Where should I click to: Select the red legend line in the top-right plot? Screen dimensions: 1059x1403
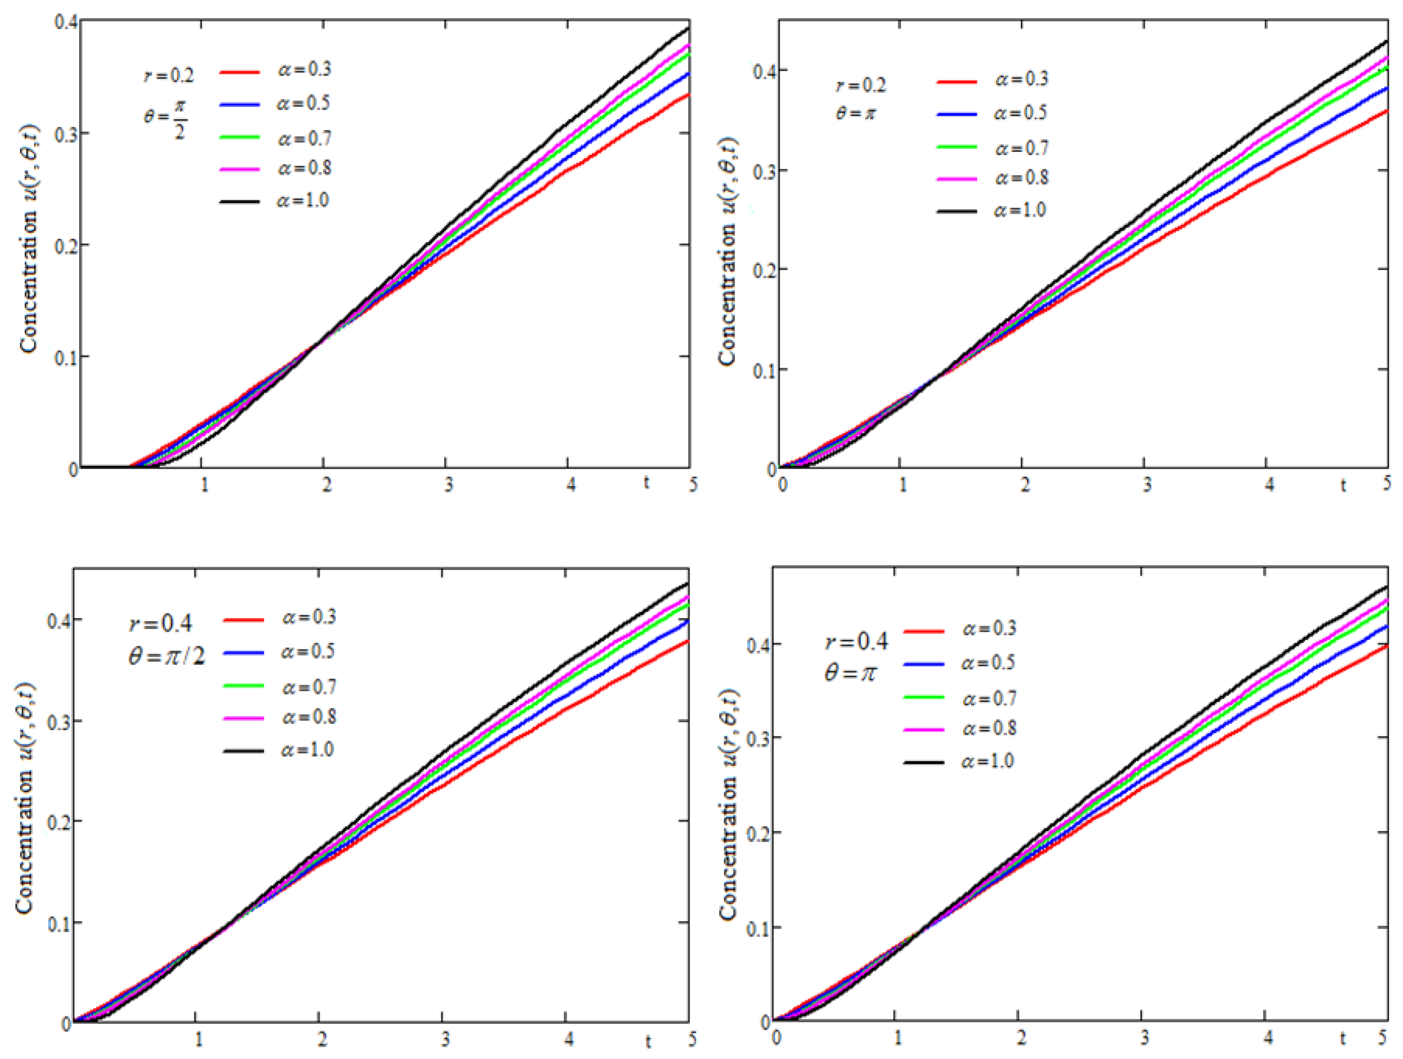[x=956, y=81]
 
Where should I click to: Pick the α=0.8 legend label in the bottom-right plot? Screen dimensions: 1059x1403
[x=990, y=728]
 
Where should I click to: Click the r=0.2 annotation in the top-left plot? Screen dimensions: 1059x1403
[x=168, y=76]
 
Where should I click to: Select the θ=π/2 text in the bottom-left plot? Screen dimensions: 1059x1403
[x=167, y=656]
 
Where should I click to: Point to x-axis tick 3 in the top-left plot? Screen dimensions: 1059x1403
[x=448, y=485]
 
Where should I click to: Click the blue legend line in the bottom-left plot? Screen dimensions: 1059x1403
[x=244, y=652]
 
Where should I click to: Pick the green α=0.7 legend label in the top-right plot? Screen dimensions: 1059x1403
[x=1022, y=148]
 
